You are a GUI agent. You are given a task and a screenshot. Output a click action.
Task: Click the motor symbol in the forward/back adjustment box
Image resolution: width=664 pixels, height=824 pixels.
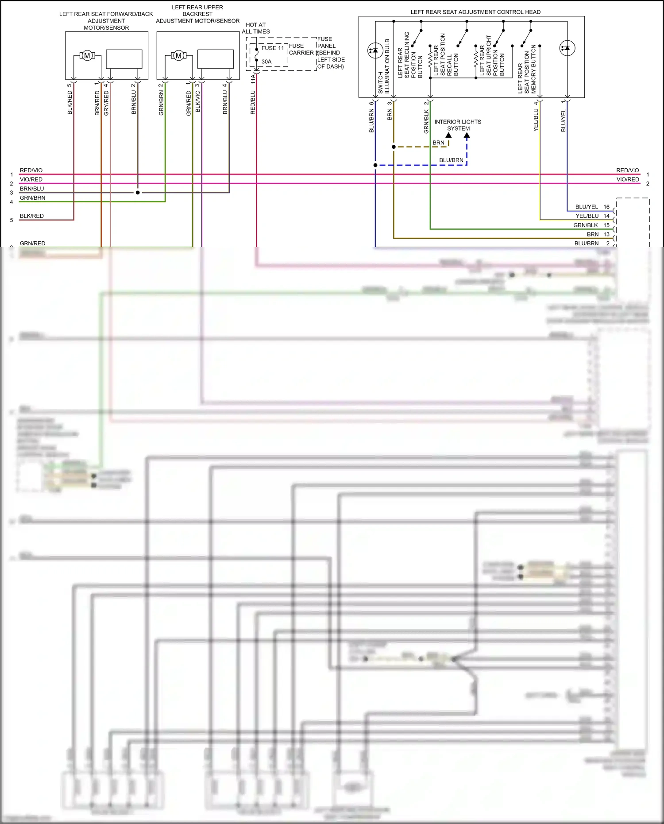click(87, 56)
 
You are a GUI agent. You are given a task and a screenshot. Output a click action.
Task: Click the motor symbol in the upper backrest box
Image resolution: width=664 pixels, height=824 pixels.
click(178, 56)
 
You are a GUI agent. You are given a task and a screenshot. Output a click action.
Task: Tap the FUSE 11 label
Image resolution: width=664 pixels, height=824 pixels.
click(272, 48)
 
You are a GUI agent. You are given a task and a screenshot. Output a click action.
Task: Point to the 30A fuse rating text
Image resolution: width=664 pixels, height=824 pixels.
click(266, 62)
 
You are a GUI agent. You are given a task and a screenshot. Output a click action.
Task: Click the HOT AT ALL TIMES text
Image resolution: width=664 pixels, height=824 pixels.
click(255, 28)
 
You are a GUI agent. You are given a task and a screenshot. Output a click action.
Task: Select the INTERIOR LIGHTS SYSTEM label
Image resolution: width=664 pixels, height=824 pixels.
click(458, 125)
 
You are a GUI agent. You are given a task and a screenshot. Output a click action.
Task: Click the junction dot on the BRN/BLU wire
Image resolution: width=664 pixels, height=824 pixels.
click(138, 193)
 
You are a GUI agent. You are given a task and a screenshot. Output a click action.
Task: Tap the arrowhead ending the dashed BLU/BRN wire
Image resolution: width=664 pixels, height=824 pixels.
click(467, 135)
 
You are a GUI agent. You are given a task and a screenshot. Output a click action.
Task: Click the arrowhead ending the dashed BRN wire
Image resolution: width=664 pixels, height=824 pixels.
click(448, 135)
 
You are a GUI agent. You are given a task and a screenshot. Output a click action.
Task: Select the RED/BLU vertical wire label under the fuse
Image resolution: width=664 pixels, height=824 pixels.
click(253, 102)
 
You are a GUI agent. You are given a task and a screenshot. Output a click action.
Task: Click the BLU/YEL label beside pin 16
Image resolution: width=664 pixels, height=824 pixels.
click(587, 207)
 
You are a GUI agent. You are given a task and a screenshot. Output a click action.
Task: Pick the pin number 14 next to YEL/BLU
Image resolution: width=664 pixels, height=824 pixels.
click(606, 216)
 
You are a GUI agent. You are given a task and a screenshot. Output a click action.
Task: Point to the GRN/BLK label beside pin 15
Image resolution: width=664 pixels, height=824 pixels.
click(585, 225)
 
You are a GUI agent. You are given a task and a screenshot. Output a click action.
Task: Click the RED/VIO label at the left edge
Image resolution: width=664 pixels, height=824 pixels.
click(31, 170)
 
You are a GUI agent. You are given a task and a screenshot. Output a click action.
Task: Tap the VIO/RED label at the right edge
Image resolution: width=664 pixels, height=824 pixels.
click(627, 179)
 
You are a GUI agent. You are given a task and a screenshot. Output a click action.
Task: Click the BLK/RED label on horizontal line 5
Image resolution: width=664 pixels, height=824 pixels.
click(31, 216)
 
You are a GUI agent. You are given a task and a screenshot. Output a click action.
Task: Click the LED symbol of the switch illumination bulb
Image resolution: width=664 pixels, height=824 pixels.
click(375, 50)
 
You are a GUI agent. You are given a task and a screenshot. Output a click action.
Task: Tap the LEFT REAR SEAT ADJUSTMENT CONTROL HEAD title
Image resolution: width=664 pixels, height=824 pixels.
click(475, 12)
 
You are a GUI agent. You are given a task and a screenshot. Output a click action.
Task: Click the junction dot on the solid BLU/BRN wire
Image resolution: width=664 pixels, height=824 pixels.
click(375, 165)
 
